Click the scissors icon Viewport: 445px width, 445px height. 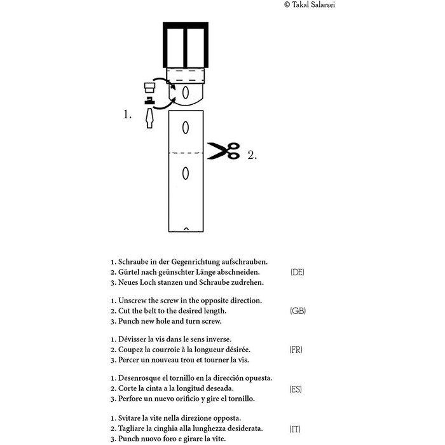[224, 151]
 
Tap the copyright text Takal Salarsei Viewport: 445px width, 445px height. [310, 4]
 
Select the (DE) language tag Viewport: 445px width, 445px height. [297, 272]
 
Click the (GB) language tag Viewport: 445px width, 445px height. [298, 311]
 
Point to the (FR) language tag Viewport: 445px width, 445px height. [296, 350]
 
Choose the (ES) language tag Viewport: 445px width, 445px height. [296, 389]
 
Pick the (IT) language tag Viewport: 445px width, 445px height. [295, 429]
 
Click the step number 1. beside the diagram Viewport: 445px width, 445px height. [128, 114]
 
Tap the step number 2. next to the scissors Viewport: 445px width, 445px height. [252, 155]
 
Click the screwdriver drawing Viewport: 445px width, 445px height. [149, 119]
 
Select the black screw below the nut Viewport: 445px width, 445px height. [149, 100]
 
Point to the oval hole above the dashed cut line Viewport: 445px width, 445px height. [186, 128]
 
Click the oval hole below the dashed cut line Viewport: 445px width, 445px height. [186, 174]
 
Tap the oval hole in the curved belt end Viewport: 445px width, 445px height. [186, 93]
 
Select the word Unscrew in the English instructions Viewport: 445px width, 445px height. [132, 301]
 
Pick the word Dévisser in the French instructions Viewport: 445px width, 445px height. [132, 339]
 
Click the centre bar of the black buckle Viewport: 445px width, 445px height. [186, 48]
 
